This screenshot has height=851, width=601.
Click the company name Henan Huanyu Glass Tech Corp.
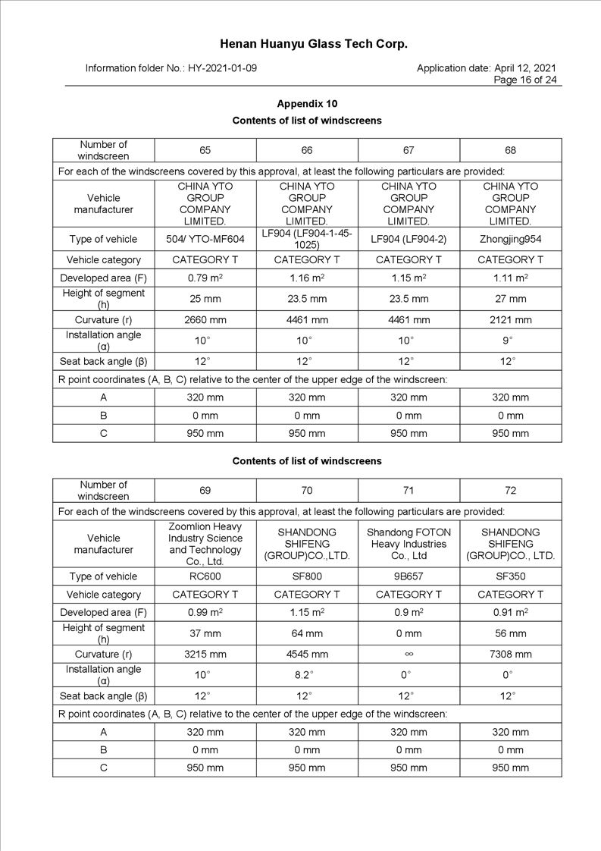[314, 44]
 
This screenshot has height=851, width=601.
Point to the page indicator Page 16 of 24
[525, 80]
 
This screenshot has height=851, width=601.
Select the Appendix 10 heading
[307, 104]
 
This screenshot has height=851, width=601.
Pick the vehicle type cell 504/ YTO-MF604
[205, 239]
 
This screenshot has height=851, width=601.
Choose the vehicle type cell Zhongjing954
[510, 239]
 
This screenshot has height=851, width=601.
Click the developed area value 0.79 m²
[205, 278]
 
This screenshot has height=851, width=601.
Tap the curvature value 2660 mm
[205, 320]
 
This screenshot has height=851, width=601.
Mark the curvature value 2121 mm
[510, 320]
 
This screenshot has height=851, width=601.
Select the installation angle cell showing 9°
[510, 340]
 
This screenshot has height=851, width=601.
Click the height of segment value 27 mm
[510, 299]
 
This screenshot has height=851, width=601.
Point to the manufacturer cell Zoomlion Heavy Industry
[205, 544]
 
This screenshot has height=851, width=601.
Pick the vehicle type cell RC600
[205, 576]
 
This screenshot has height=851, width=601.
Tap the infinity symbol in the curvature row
[408, 654]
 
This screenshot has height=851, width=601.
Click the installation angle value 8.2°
[307, 674]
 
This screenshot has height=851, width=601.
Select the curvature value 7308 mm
[510, 654]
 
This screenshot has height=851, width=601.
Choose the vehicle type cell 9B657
[408, 576]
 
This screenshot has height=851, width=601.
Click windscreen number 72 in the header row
[510, 491]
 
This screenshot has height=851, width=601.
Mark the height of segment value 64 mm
[307, 633]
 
